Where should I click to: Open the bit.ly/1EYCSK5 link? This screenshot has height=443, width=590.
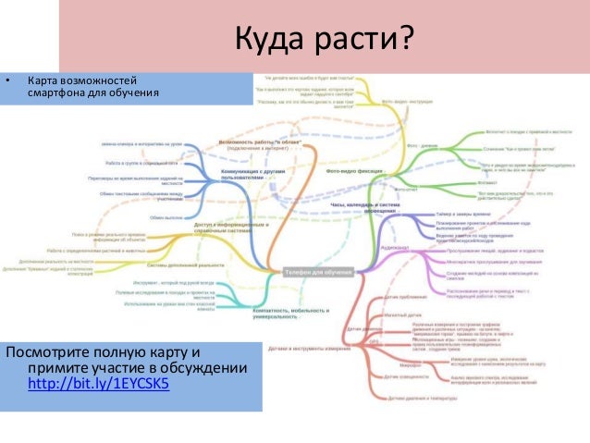tap(100, 386)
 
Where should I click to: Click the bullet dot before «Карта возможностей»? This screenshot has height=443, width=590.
tap(10, 81)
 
